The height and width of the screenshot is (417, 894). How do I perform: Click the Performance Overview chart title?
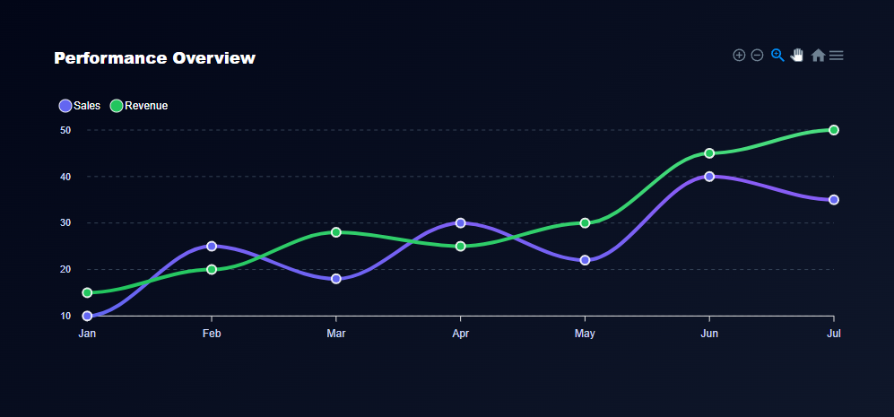(154, 58)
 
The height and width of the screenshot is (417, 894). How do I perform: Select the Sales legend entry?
(80, 106)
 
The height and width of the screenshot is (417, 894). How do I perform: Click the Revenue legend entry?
(139, 106)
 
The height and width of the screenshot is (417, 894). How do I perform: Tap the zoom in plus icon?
(739, 56)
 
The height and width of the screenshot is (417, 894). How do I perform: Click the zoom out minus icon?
(757, 56)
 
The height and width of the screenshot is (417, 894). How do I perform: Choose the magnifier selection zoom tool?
(777, 56)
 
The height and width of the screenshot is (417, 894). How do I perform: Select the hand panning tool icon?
(797, 56)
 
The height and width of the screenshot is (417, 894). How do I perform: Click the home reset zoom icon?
(818, 56)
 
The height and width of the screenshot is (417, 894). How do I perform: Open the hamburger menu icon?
(837, 56)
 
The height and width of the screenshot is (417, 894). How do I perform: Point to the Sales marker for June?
(709, 177)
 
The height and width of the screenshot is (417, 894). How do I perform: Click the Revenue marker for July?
(834, 130)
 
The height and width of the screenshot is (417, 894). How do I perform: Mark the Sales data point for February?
(212, 246)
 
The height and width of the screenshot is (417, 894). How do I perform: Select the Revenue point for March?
(336, 232)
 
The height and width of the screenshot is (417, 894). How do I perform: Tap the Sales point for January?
(87, 316)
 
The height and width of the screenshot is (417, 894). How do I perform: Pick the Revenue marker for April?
(460, 246)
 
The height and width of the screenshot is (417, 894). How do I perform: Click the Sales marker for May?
(585, 260)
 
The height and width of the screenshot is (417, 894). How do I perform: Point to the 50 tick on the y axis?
(65, 130)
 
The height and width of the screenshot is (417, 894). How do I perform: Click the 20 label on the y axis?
(65, 269)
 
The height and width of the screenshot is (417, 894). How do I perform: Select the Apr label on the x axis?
(460, 334)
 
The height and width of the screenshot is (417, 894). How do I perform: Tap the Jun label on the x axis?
(709, 334)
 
